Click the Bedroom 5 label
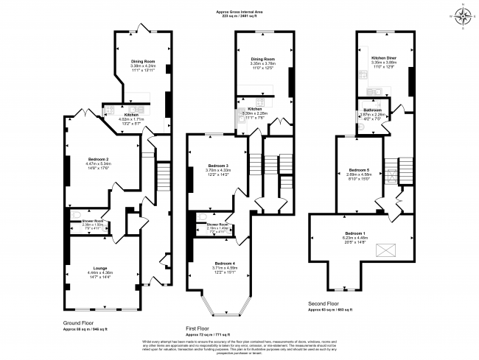pyautogui.click(x=358, y=170)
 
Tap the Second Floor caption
pyautogui.click(x=324, y=303)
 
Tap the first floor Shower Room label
pyautogui.click(x=217, y=224)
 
